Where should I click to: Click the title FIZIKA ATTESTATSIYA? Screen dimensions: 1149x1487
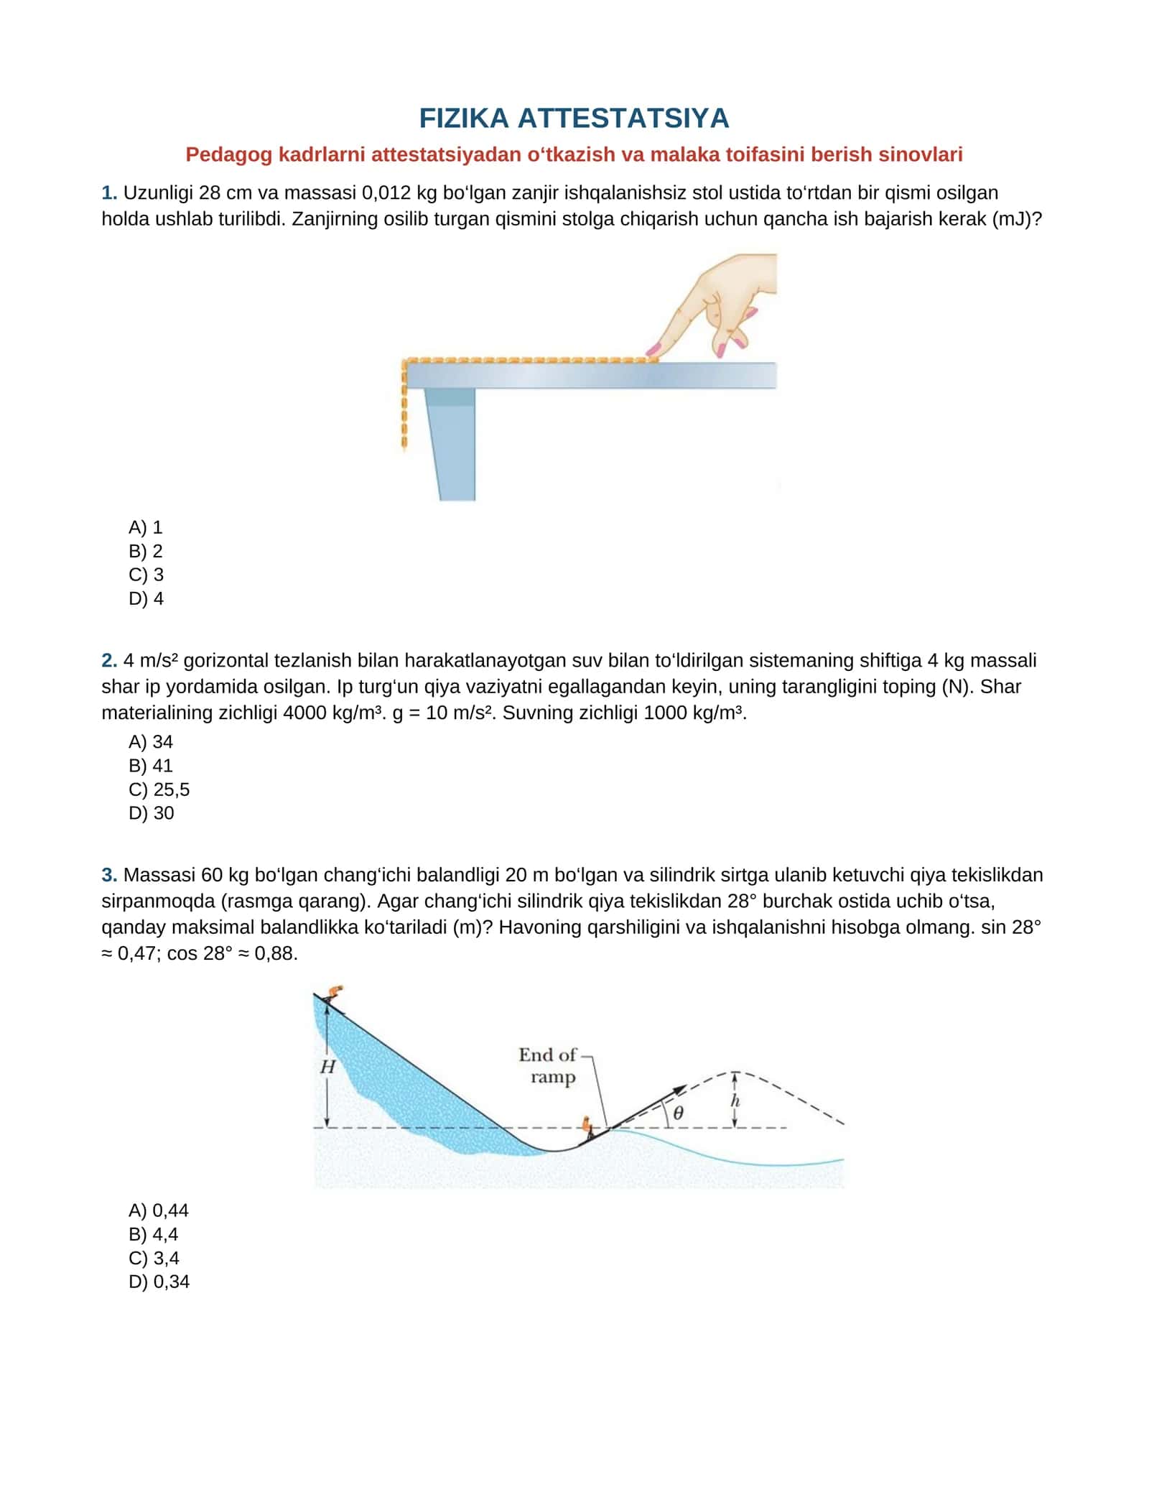tap(574, 119)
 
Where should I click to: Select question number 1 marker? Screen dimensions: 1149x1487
tap(109, 193)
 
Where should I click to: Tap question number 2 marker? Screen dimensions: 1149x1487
tap(109, 660)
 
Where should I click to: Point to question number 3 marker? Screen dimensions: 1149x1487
tap(109, 875)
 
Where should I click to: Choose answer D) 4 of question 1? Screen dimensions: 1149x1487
tap(146, 598)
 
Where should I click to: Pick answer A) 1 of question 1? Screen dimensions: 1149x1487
tap(146, 527)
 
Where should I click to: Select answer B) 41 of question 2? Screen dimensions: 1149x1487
tap(151, 766)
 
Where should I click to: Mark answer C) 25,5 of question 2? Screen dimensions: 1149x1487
tap(159, 789)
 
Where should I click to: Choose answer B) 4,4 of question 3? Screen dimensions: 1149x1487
tap(154, 1234)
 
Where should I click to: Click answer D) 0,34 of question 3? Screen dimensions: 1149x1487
tap(159, 1282)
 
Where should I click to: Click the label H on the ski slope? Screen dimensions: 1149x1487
tap(327, 1067)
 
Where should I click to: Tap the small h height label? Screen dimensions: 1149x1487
tap(735, 1101)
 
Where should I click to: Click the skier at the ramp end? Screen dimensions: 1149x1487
tap(588, 1127)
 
